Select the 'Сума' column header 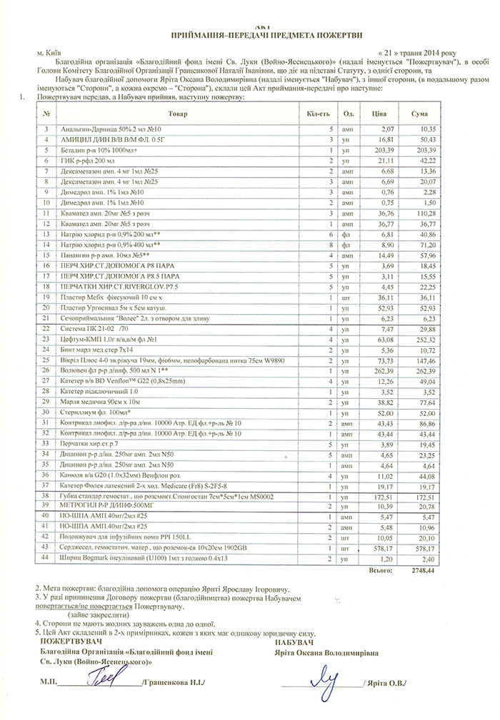point(420,113)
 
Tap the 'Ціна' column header point(379,113)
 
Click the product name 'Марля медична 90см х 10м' point(101,402)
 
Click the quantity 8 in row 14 point(331,243)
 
